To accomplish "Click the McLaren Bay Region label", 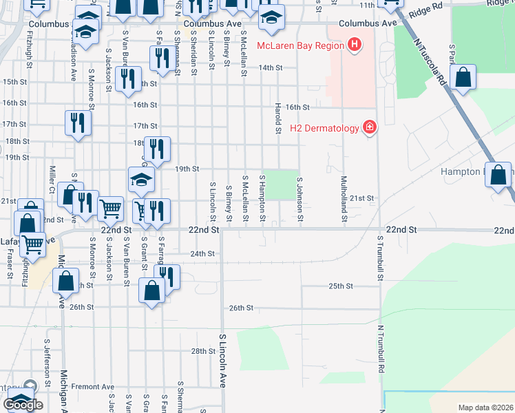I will [x=299, y=46].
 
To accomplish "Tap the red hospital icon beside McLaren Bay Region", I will [x=354, y=46].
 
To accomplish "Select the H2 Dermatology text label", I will [x=324, y=128].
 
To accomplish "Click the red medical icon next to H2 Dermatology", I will [x=370, y=127].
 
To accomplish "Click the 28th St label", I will [x=203, y=351].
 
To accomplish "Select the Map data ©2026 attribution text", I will [x=485, y=407].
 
